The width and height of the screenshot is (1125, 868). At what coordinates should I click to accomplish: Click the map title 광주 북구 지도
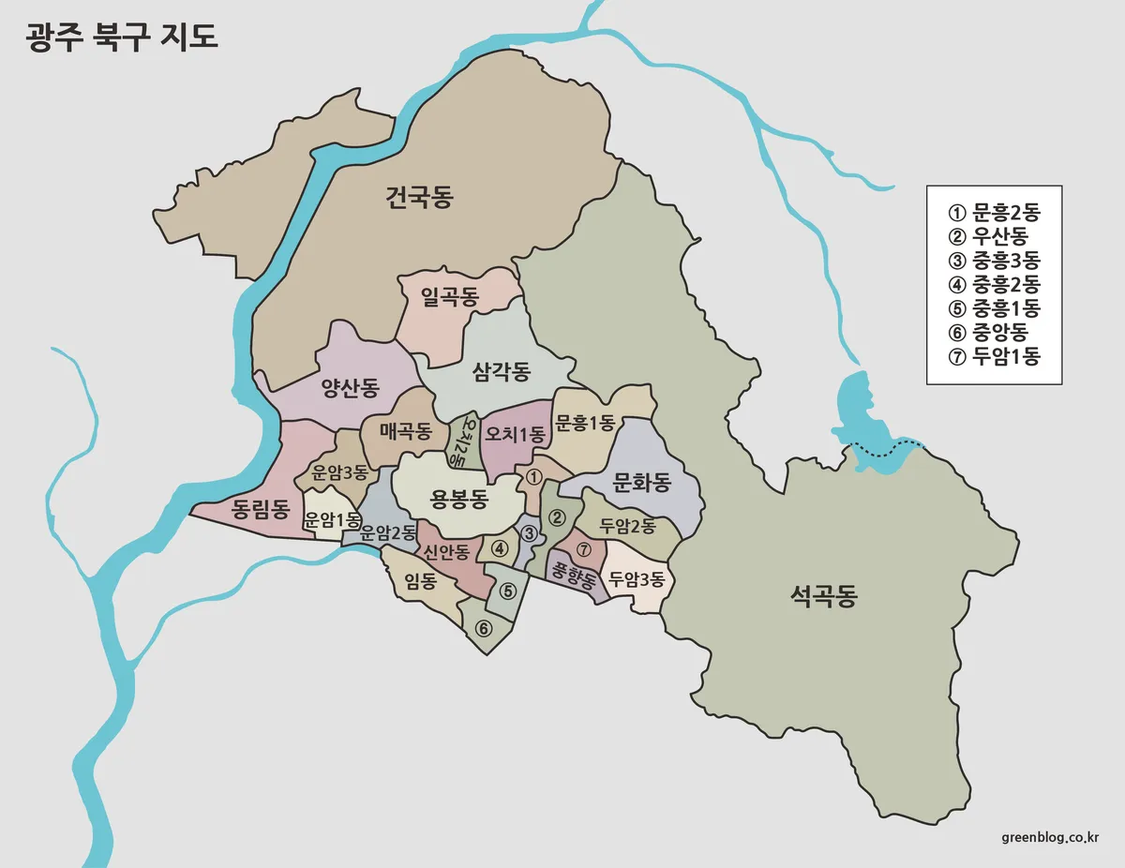[122, 37]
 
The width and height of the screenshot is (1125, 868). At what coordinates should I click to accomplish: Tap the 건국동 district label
[418, 198]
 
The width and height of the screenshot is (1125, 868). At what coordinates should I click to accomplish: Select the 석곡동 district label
[823, 596]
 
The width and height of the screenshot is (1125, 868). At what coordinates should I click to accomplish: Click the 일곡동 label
[450, 298]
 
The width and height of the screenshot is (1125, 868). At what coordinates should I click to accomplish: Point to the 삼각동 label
[502, 372]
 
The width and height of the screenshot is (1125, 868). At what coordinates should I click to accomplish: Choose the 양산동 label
[350, 388]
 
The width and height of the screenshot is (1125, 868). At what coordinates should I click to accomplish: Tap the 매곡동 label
[405, 431]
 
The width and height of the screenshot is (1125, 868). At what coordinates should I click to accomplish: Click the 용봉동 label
[458, 499]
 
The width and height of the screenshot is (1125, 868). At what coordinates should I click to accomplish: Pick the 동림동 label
[260, 510]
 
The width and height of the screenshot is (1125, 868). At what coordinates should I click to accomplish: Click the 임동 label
[421, 581]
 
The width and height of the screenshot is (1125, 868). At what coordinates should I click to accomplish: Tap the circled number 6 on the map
[484, 628]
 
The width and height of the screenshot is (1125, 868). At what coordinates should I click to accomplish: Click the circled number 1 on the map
[533, 476]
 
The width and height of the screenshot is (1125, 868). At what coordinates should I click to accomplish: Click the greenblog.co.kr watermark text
[1050, 837]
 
